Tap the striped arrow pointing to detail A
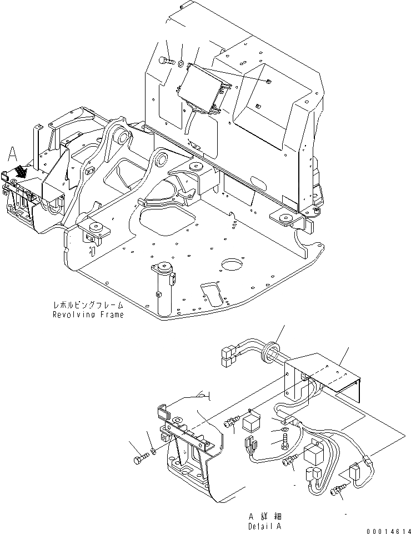click(x=21, y=170)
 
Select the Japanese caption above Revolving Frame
click(x=88, y=306)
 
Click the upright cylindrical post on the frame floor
click(x=163, y=289)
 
